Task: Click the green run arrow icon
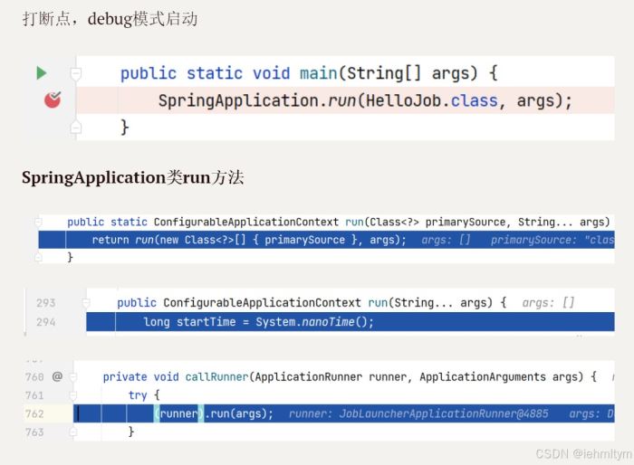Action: click(41, 72)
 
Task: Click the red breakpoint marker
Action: click(53, 100)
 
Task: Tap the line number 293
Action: click(45, 303)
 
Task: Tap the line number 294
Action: click(45, 322)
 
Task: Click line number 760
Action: click(34, 376)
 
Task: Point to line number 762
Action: click(34, 413)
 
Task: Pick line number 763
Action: click(34, 432)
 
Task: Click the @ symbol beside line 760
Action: click(57, 376)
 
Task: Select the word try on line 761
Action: click(138, 395)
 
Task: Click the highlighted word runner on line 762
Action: click(178, 413)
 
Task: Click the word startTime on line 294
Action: click(203, 322)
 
